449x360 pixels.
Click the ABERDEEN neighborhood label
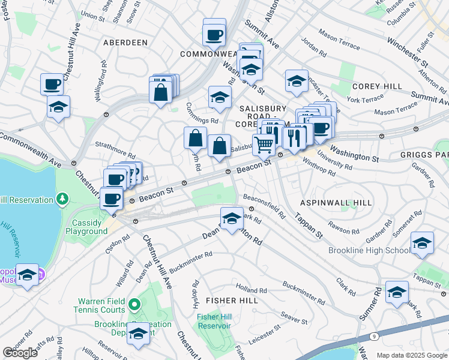(x=125, y=43)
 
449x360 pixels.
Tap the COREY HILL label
(x=378, y=86)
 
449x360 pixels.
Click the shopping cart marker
(x=264, y=145)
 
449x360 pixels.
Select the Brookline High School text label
(x=369, y=251)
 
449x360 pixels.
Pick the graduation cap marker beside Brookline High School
(x=422, y=243)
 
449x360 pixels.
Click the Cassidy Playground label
(x=86, y=227)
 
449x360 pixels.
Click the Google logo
(x=20, y=353)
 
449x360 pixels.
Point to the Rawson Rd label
(x=343, y=227)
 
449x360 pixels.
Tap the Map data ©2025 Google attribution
(x=411, y=355)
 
